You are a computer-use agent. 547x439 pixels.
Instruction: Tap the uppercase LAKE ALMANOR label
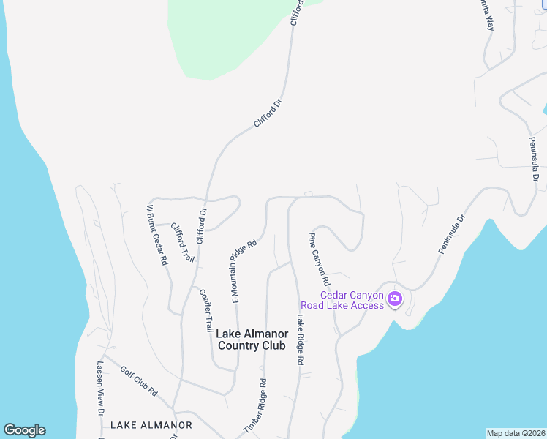pyautogui.click(x=151, y=424)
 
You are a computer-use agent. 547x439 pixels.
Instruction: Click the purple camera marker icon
pyautogui.click(x=395, y=299)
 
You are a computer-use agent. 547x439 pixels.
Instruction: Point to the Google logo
pyautogui.click(x=24, y=430)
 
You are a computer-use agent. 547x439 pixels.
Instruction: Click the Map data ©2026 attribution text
pyautogui.click(x=516, y=432)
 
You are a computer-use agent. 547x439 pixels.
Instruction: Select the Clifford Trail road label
pyautogui.click(x=183, y=243)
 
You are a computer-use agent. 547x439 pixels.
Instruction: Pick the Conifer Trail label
pyautogui.click(x=205, y=309)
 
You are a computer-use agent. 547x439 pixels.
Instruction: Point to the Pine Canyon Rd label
pyautogui.click(x=319, y=260)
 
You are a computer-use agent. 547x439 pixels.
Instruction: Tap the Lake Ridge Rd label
pyautogui.click(x=299, y=340)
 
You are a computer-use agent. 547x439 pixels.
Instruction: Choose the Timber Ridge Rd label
pyautogui.click(x=255, y=406)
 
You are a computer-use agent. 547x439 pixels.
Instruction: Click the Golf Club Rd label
pyautogui.click(x=139, y=381)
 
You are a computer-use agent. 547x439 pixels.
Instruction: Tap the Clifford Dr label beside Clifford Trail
pyautogui.click(x=202, y=226)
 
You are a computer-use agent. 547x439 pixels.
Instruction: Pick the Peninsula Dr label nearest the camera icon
pyautogui.click(x=452, y=234)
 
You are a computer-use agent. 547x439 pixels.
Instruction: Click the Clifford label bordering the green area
pyautogui.click(x=296, y=13)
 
